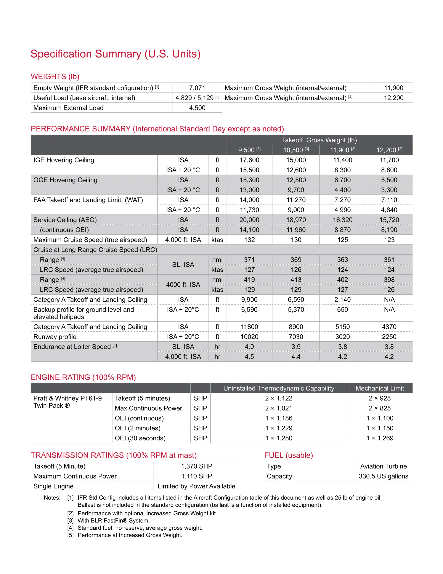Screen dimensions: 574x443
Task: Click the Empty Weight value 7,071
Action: [x=197, y=88]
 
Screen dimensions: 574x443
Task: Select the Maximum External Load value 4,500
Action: [x=197, y=108]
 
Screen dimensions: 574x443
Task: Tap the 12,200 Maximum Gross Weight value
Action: [x=393, y=98]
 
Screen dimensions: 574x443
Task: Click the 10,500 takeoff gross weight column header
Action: [x=296, y=150]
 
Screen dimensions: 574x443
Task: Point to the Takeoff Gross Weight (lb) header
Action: [x=319, y=140]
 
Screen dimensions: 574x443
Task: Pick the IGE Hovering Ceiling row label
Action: [x=64, y=160]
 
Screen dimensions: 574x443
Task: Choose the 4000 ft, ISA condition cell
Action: [x=183, y=285]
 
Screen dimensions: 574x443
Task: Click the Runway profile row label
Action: [x=55, y=337]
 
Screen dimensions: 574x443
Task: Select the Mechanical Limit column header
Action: [x=379, y=388]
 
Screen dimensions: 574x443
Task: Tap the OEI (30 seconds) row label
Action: [x=140, y=438]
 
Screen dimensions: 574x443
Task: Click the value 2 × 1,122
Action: [x=278, y=398]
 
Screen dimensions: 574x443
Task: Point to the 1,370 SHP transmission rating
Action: [x=196, y=466]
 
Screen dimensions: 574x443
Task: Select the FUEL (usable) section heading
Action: [x=288, y=455]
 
